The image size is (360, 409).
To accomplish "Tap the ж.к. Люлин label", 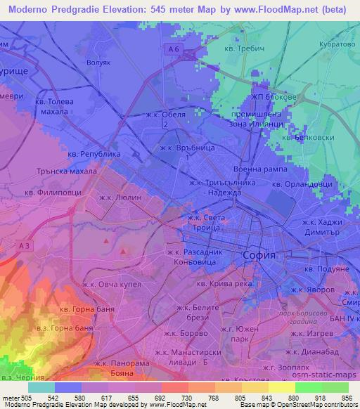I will pyautogui.click(x=122, y=199).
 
